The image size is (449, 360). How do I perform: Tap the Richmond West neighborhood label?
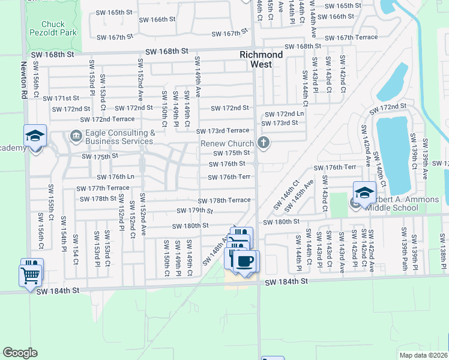[261, 59]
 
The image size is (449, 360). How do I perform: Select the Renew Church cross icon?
[262, 143]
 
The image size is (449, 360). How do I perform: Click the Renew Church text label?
[228, 144]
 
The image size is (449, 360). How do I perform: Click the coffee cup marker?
[245, 262]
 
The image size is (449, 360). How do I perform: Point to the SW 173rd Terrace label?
[222, 131]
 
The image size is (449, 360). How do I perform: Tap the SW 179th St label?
[195, 211]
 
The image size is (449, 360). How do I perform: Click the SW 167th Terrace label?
[357, 37]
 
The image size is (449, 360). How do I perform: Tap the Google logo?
[20, 353]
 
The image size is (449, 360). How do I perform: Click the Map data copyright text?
[423, 355]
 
